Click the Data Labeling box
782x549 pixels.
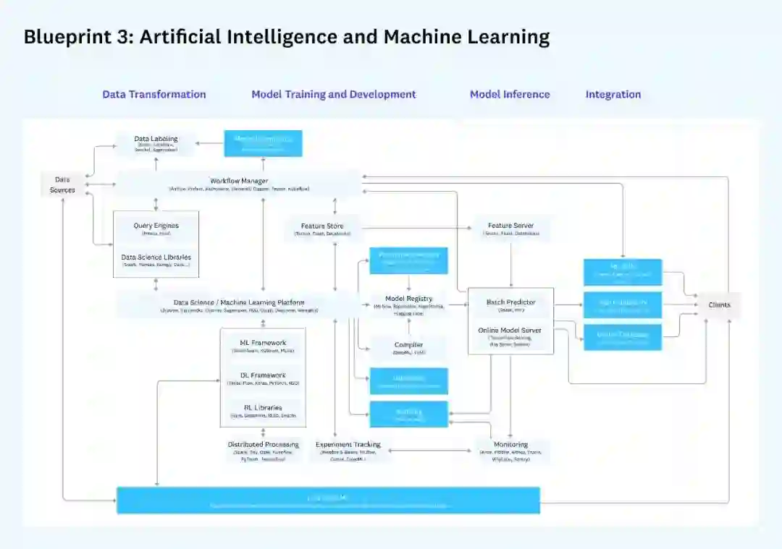[x=156, y=142]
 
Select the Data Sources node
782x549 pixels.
[x=62, y=184]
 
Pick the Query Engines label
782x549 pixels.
[x=156, y=226]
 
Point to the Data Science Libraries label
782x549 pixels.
[x=156, y=258]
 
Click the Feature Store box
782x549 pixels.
[x=322, y=229]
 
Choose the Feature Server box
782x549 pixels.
[x=510, y=229]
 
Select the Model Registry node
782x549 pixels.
[x=408, y=302]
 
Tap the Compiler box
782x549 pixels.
[x=408, y=348]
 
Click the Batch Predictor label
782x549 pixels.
[x=510, y=302]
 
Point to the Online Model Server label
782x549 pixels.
[x=510, y=331]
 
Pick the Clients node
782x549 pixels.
[x=719, y=305]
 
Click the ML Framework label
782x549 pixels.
[x=263, y=343]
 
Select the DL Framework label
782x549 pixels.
[x=263, y=375]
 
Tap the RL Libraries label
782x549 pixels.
[x=263, y=408]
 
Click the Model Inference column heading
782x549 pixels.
[x=510, y=94]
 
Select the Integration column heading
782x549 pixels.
[x=613, y=94]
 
